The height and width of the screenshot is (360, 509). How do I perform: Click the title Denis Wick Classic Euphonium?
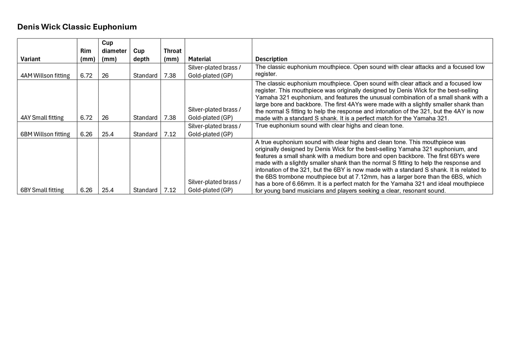pos(77,27)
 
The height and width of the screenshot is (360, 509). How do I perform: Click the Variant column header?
pos(30,59)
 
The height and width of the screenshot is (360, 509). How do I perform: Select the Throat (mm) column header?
pos(173,55)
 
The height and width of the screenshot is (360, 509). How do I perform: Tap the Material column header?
pos(199,59)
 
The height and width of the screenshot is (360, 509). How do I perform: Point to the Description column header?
pos(271,59)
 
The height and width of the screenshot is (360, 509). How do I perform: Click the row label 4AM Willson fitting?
pos(45,75)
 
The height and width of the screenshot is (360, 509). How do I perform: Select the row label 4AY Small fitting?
pos(42,117)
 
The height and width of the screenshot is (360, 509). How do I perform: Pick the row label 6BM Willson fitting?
pos(45,134)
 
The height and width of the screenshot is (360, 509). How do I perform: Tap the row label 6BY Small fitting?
pos(42,190)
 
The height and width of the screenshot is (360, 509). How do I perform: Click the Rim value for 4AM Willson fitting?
pos(86,75)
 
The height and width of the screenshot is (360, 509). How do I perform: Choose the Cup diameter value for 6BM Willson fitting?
pos(108,134)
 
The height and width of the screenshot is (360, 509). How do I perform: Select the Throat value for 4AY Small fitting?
pos(170,117)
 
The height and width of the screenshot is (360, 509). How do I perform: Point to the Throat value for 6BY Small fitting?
pos(170,190)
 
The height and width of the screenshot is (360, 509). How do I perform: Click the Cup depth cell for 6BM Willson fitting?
pos(145,134)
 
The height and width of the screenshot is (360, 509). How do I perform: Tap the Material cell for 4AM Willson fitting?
pos(215,71)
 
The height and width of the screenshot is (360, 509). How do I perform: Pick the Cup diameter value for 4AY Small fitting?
pos(105,117)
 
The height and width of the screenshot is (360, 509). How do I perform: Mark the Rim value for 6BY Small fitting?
pos(86,190)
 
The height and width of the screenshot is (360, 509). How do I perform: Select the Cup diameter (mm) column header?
pos(114,51)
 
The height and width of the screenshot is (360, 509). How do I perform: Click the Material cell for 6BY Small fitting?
pos(215,186)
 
